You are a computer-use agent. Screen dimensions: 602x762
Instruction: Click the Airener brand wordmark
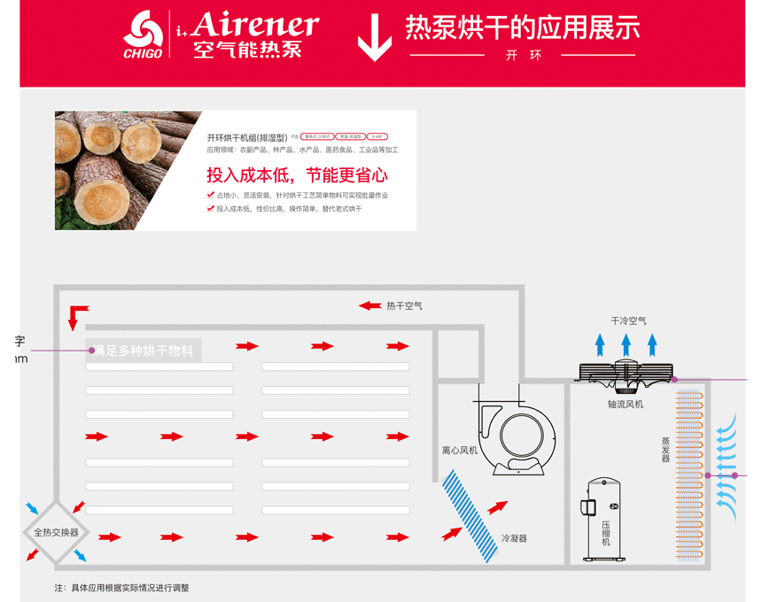254,25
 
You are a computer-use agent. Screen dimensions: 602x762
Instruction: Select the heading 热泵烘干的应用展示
522,27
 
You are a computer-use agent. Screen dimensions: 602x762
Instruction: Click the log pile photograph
128,170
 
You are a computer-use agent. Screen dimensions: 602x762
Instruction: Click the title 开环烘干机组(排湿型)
247,137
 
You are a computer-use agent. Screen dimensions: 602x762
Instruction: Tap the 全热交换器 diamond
56,532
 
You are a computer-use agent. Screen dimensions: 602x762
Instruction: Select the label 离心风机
460,451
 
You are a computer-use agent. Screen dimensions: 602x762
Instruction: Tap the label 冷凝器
514,538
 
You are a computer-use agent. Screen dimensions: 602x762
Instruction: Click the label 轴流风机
626,405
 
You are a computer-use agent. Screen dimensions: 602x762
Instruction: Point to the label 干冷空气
628,320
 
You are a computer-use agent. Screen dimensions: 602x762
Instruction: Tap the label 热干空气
404,306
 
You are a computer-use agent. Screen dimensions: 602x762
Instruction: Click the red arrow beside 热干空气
369,306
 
